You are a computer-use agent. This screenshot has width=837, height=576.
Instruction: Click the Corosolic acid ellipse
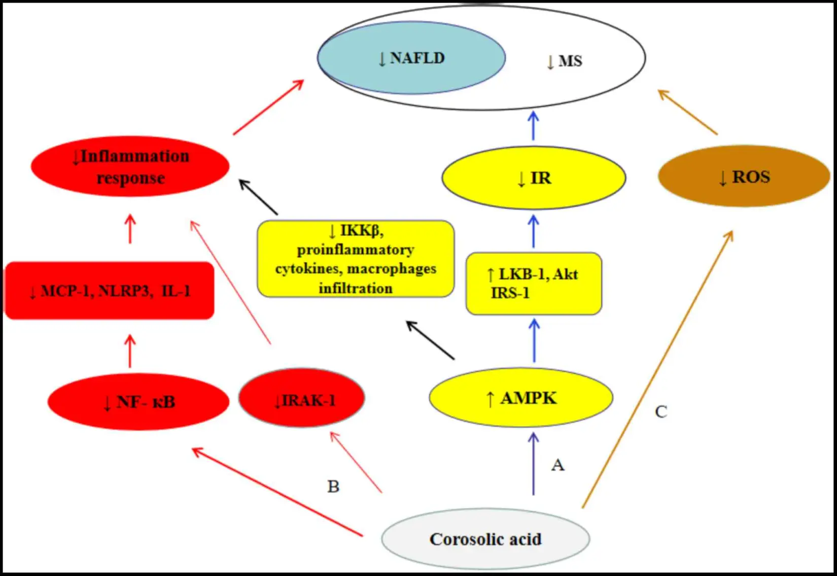click(485, 538)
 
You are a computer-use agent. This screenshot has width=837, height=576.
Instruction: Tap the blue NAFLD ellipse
click(411, 58)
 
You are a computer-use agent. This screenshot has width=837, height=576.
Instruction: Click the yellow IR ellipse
click(534, 178)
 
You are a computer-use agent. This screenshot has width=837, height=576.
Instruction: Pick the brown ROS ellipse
click(744, 177)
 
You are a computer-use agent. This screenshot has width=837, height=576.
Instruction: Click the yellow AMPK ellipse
click(521, 398)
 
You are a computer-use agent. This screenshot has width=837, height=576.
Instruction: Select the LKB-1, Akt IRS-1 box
click(534, 283)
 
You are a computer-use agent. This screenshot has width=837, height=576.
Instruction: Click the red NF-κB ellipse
click(138, 402)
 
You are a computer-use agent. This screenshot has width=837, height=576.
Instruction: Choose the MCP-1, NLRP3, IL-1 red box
click(110, 291)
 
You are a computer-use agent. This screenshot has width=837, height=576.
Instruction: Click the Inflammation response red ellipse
click(130, 167)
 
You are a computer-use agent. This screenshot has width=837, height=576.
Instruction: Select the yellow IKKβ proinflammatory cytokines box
click(356, 259)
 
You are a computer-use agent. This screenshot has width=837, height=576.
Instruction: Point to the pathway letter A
click(557, 465)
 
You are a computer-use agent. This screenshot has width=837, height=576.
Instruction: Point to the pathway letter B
click(333, 487)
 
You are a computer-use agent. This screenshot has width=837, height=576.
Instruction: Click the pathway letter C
click(660, 411)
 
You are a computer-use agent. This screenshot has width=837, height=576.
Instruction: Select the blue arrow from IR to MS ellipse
click(533, 126)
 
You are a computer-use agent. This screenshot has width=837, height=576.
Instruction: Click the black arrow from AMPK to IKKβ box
click(430, 340)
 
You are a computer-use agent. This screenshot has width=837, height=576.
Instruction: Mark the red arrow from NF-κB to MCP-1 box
click(130, 351)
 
